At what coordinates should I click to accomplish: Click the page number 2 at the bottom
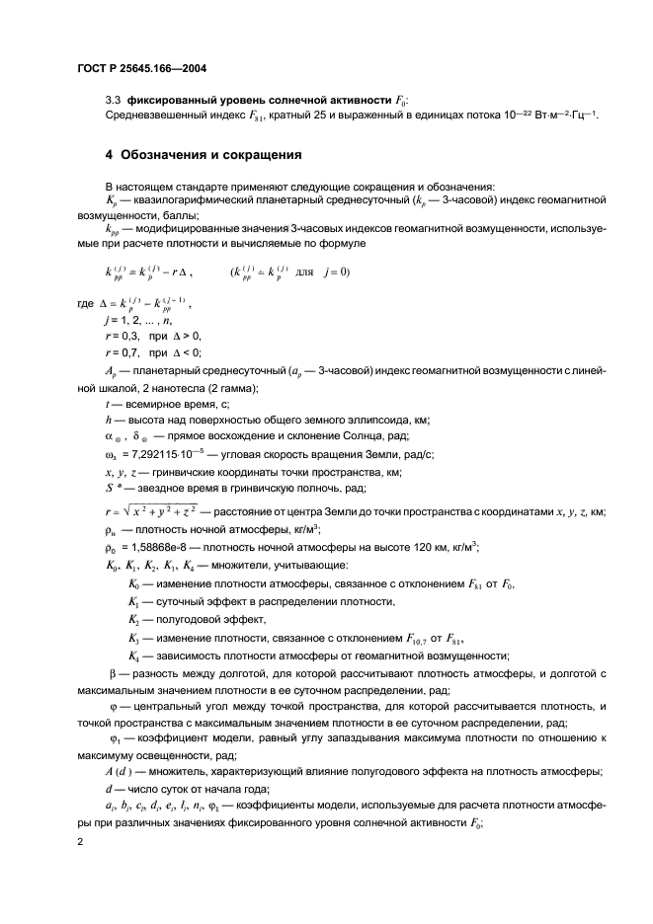coord(79,841)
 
